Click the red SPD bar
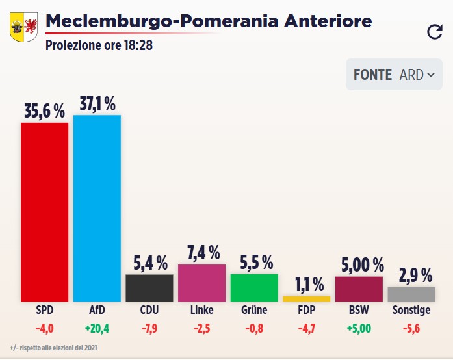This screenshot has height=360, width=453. click(x=44, y=212)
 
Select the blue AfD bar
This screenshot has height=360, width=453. click(x=97, y=209)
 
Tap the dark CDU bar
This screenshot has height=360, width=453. click(x=149, y=288)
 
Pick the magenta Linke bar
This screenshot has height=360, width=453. click(x=201, y=283)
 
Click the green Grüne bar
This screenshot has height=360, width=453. click(x=254, y=288)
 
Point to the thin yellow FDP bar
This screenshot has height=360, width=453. click(x=307, y=299)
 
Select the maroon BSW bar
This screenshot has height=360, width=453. click(x=359, y=289)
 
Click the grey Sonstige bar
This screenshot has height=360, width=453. click(x=411, y=294)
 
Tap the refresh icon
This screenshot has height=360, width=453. click(x=435, y=32)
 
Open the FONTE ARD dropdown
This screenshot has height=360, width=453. click(x=394, y=75)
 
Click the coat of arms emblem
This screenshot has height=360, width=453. click(x=23, y=27)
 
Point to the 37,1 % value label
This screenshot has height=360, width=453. click(x=97, y=104)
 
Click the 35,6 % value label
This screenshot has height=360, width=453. click(x=44, y=111)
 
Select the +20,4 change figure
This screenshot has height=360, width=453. click(x=97, y=329)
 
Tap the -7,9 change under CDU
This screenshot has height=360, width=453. click(x=149, y=329)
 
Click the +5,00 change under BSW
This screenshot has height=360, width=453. click(x=359, y=329)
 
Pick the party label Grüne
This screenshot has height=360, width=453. click(x=254, y=310)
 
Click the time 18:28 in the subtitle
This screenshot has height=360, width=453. click(x=138, y=45)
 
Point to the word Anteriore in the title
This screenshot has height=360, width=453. click(x=328, y=21)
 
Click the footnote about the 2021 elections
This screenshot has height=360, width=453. click(x=53, y=348)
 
